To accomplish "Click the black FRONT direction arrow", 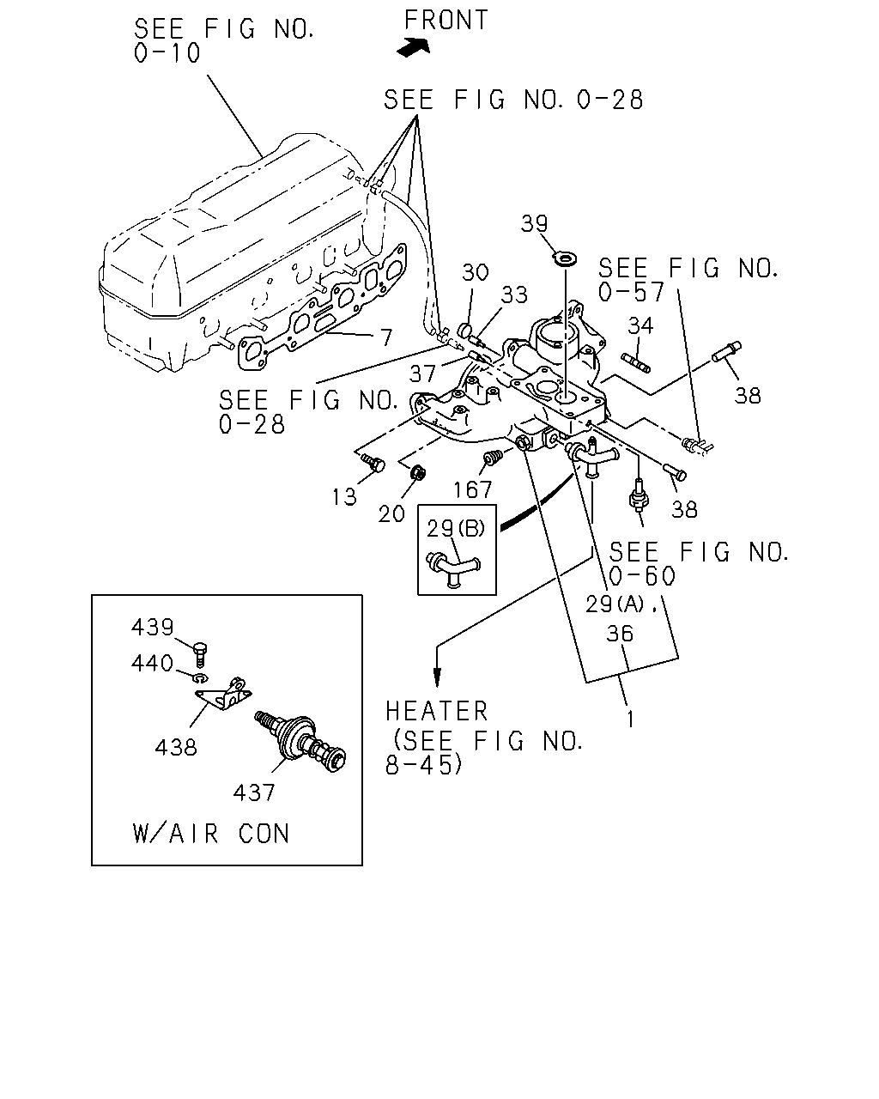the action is click(x=414, y=47).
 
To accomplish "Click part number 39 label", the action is click(x=534, y=224).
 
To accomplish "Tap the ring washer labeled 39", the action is click(x=566, y=258).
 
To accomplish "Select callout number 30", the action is click(x=476, y=272).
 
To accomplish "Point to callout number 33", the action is click(x=514, y=294).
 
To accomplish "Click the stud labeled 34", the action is click(x=636, y=362).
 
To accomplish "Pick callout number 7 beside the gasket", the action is click(x=386, y=337).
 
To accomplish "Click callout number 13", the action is click(x=344, y=497).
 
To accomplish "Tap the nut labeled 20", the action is click(x=418, y=473).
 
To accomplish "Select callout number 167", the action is click(x=472, y=490).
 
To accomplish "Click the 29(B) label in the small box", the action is click(x=456, y=529).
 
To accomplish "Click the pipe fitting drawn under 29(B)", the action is click(x=453, y=568).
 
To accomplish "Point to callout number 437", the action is click(x=254, y=792).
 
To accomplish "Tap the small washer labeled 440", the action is click(x=201, y=677).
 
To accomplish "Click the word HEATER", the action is click(x=437, y=712).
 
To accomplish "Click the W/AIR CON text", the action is click(x=211, y=834).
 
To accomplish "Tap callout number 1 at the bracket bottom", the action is click(x=631, y=720).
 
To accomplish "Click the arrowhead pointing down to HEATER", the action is click(x=437, y=677).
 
